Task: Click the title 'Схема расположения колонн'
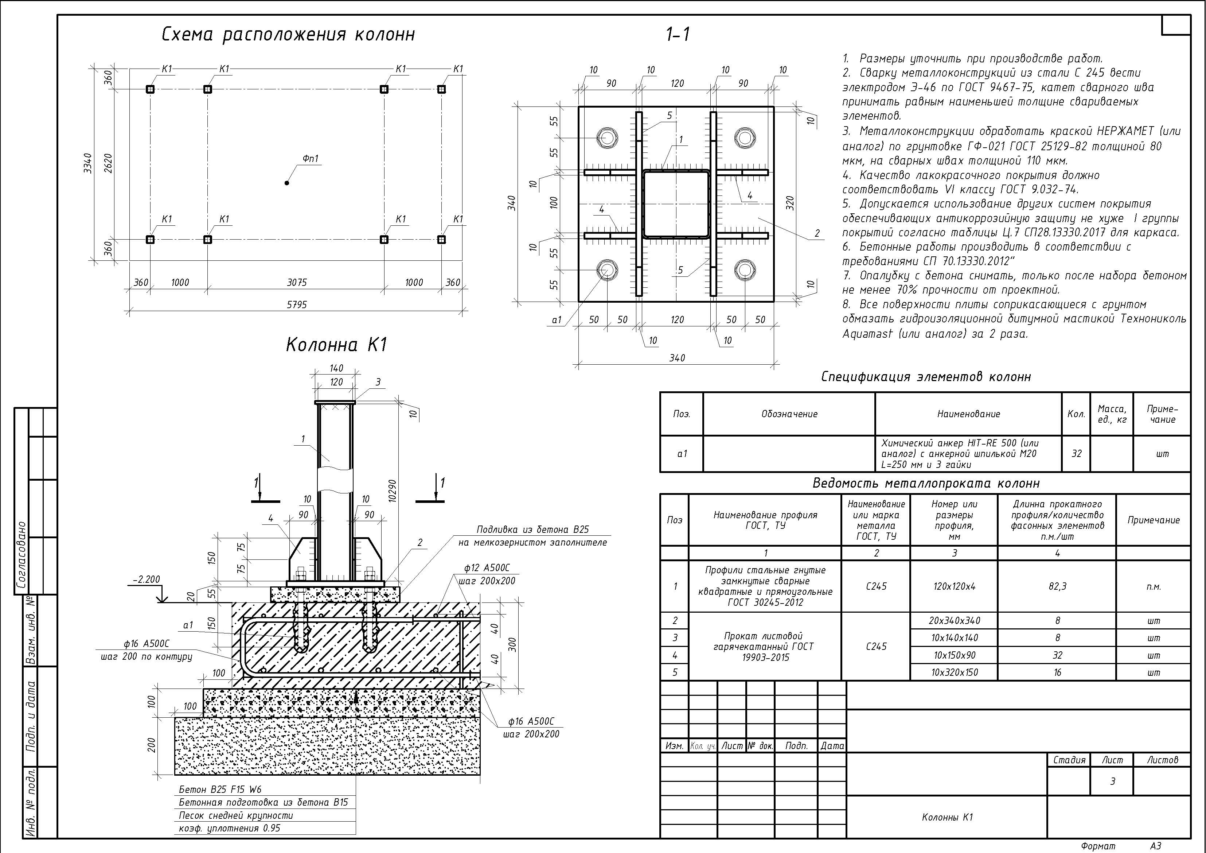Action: pyautogui.click(x=288, y=35)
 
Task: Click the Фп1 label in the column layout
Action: pyautogui.click(x=311, y=159)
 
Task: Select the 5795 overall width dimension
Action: pyautogui.click(x=297, y=304)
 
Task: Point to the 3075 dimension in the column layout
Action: pyautogui.click(x=297, y=282)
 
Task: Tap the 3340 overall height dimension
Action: pyautogui.click(x=88, y=163)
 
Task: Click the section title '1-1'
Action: pyautogui.click(x=678, y=35)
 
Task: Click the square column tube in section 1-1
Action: pyautogui.click(x=676, y=204)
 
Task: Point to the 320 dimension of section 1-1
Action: pyautogui.click(x=791, y=203)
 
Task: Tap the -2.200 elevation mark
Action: pyautogui.click(x=146, y=579)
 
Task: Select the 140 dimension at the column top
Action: pyautogui.click(x=336, y=368)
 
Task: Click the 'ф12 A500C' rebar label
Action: pyautogui.click(x=487, y=568)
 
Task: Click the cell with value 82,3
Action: pyautogui.click(x=1057, y=586)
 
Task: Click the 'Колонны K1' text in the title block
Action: pyautogui.click(x=947, y=817)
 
